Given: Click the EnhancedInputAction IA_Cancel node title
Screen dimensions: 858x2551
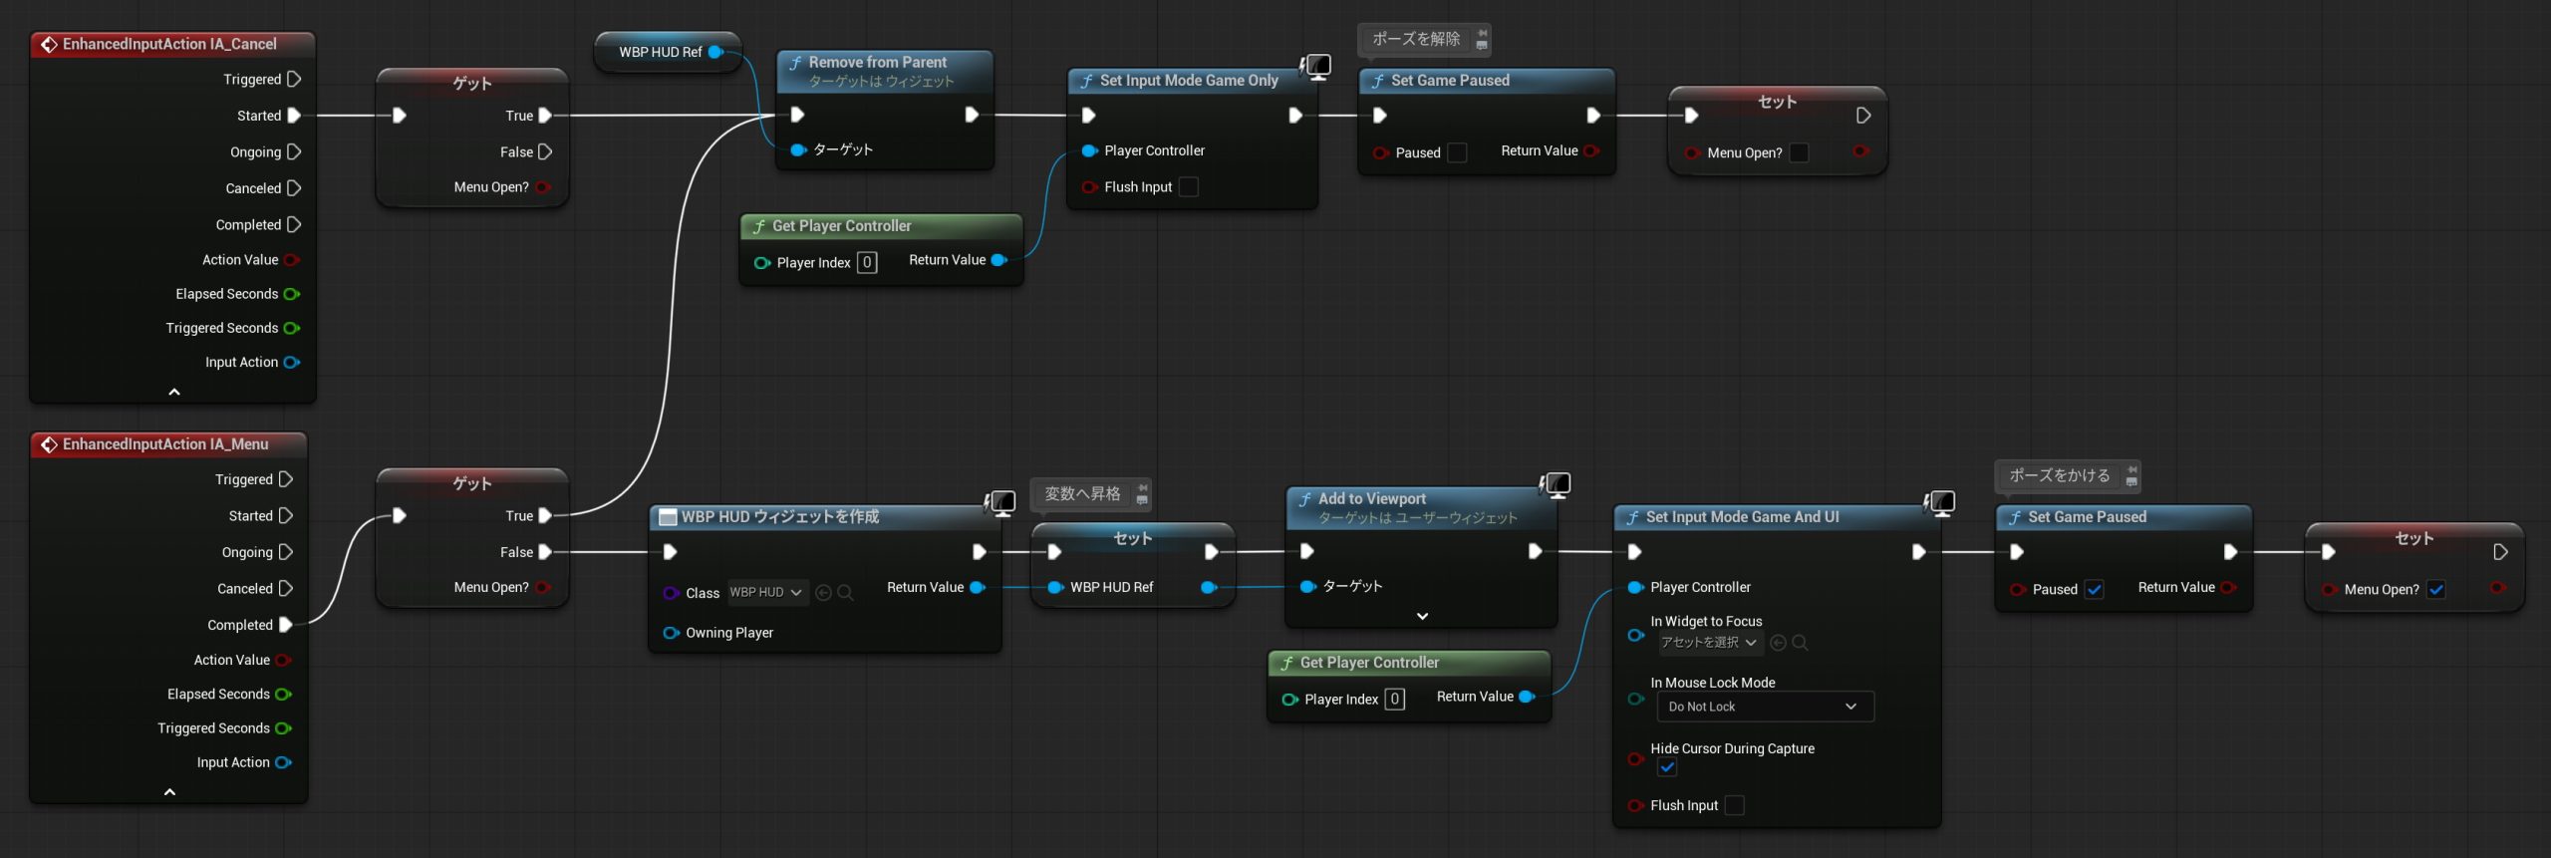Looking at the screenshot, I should (x=169, y=44).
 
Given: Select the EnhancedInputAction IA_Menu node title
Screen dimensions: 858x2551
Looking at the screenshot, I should (x=165, y=444).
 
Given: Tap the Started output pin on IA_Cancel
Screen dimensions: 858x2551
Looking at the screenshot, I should (x=294, y=116).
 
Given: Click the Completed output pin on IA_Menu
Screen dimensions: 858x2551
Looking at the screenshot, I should (x=286, y=625).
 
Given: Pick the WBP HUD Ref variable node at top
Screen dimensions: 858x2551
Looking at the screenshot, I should (x=661, y=52).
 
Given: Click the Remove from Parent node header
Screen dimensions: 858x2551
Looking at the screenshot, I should (x=877, y=63).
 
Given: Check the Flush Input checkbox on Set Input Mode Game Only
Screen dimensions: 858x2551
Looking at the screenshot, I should (x=1189, y=187).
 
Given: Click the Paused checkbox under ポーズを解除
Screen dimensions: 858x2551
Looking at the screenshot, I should (x=1457, y=152).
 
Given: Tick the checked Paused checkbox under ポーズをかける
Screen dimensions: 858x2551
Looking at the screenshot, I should (x=2095, y=589).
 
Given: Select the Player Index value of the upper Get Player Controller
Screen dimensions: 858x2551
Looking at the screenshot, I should (x=867, y=262).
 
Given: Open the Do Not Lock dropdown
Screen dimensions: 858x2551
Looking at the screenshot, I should (x=1764, y=707).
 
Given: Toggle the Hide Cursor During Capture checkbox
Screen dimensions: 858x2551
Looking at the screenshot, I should (x=1667, y=767).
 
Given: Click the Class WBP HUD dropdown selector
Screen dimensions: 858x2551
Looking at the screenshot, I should (x=766, y=592).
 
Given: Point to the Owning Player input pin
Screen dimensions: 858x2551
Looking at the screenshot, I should (x=672, y=633).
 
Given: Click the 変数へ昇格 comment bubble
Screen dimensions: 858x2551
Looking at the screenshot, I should (x=1082, y=493).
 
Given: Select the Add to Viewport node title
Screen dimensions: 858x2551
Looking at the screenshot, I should (x=1371, y=498).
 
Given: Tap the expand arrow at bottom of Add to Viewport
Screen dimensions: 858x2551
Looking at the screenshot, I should (x=1422, y=616).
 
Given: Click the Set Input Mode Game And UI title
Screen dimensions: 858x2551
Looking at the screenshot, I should (x=1742, y=517).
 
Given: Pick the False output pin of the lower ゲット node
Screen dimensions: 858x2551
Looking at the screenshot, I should (x=545, y=552).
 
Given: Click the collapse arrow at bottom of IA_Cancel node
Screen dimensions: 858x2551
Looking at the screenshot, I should (x=174, y=392).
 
